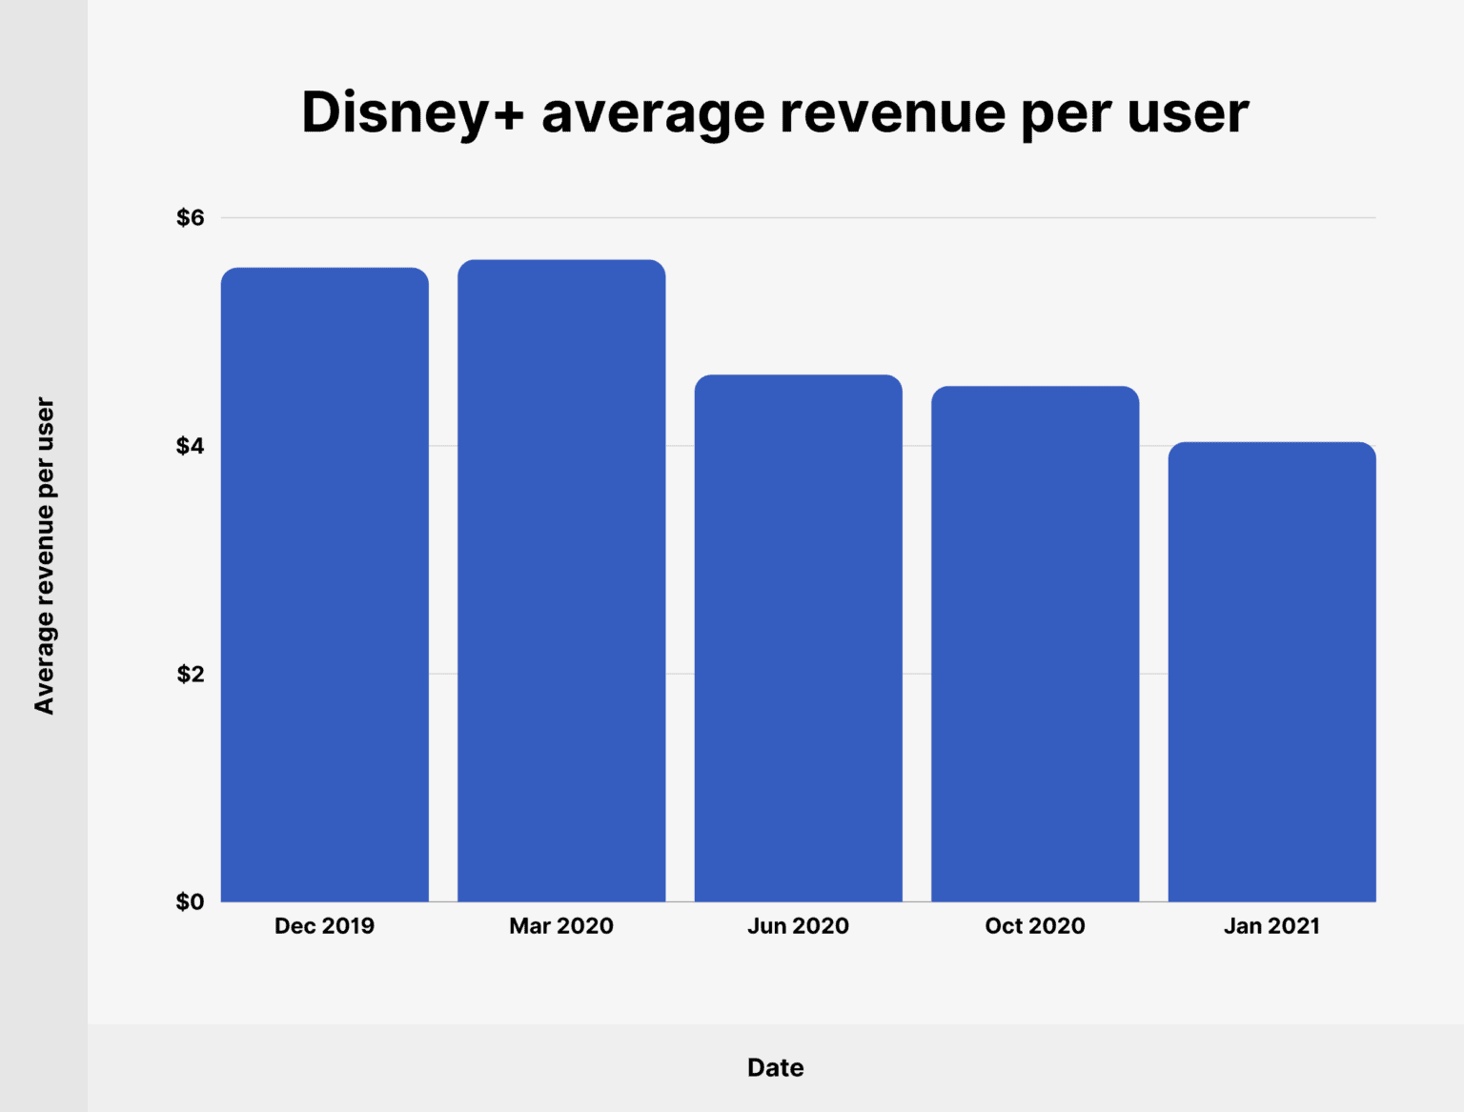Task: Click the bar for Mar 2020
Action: tap(561, 580)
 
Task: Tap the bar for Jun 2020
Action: tap(798, 637)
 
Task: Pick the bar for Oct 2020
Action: tap(1035, 643)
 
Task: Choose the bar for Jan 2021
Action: tap(1271, 672)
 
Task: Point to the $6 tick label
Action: tap(191, 218)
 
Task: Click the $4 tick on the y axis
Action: tap(191, 446)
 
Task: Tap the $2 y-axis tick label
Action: tap(191, 675)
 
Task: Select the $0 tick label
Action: tap(191, 902)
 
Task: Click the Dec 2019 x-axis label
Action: tap(324, 926)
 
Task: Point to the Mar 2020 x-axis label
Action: tap(561, 926)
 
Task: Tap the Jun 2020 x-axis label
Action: tap(798, 926)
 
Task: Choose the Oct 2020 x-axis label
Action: tap(1035, 926)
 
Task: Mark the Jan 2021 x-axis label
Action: tap(1271, 926)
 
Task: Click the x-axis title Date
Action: tap(775, 1067)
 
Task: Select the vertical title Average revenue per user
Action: tap(44, 556)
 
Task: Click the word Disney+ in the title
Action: tap(413, 112)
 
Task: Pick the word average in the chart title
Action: tap(653, 112)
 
